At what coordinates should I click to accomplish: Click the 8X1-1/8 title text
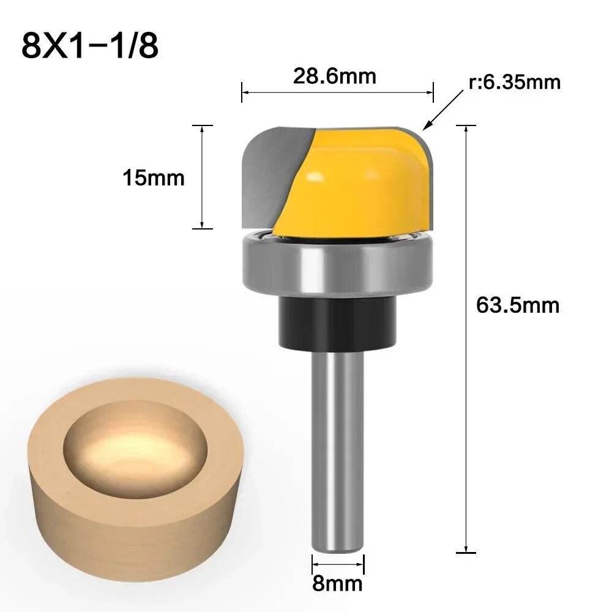pos(89,45)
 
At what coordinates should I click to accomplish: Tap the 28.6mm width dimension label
pos(334,76)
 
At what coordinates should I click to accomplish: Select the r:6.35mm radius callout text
pos(515,81)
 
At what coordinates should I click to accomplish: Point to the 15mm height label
pos(153,178)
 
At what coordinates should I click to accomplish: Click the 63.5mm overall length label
pos(517,305)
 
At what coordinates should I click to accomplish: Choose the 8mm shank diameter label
pos(337,583)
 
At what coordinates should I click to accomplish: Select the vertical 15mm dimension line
pos(202,177)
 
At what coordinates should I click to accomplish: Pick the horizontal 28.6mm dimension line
pos(337,92)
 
